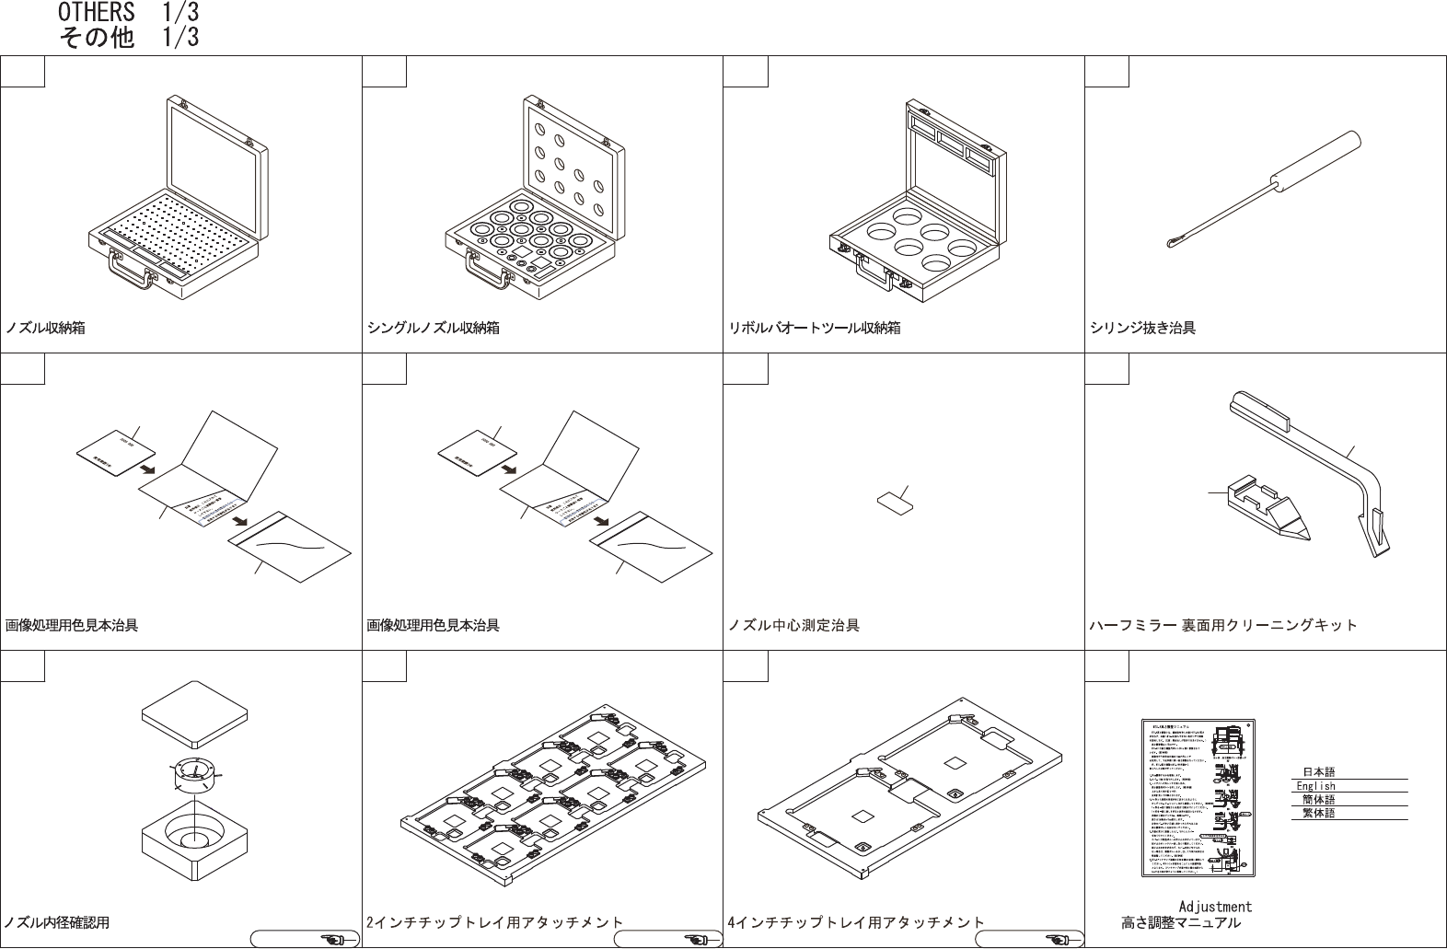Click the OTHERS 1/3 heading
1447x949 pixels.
127,13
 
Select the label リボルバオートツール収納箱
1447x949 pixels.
815,328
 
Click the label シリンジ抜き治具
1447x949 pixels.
1142,328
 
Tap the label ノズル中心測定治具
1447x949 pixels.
793,625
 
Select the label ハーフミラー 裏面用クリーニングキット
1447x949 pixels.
1223,625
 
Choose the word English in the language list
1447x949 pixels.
1316,786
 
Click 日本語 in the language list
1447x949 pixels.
1318,772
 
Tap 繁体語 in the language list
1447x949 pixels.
1318,813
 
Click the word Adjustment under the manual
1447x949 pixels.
1215,907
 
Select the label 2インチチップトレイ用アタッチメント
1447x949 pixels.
494,921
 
